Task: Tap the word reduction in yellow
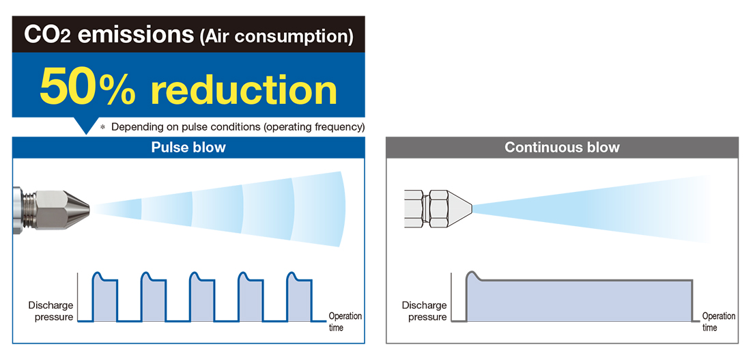click(x=244, y=89)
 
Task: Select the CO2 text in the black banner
click(x=47, y=36)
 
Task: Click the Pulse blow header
click(x=188, y=147)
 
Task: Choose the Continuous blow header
click(x=562, y=147)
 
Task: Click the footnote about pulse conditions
click(x=232, y=127)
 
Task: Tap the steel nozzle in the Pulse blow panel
click(x=51, y=209)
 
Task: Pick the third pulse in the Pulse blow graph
click(x=202, y=296)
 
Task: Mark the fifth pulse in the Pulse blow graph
click(x=299, y=296)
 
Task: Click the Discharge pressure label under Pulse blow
click(x=51, y=311)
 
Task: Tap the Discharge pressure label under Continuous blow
click(x=425, y=311)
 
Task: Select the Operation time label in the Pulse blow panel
click(x=345, y=322)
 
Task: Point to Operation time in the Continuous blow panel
click(x=718, y=322)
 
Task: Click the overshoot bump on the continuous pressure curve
click(x=474, y=275)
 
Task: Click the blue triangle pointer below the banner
click(x=86, y=126)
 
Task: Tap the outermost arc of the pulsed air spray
click(x=342, y=209)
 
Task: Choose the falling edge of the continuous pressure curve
click(x=692, y=301)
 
